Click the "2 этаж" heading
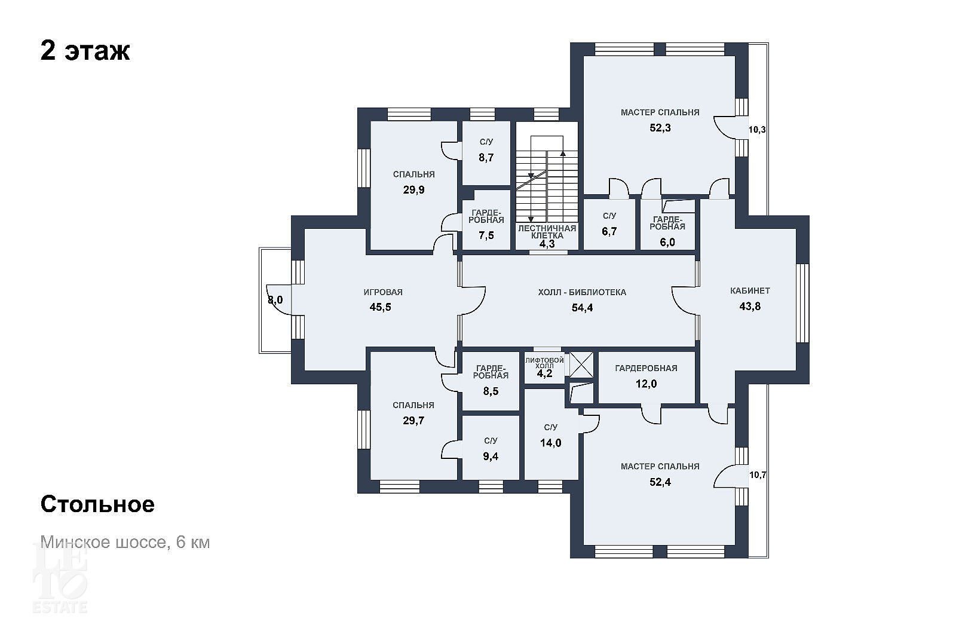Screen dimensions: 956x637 pos(85,51)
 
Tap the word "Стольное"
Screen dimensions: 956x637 pos(97,504)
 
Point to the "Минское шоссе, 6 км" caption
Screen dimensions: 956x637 pos(125,542)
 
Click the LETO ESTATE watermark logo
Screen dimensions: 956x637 pos(60,578)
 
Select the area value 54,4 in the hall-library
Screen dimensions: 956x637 pos(582,308)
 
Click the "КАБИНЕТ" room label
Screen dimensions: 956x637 pos(750,291)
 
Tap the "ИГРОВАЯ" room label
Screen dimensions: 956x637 pos(383,292)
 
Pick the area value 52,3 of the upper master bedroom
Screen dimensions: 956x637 pos(660,128)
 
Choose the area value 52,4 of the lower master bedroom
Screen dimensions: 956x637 pos(660,482)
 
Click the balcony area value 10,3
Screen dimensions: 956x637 pos(757,130)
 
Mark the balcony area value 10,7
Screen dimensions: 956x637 pos(758,474)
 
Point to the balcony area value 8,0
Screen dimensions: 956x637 pos(275,300)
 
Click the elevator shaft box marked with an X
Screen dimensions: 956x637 pos(581,364)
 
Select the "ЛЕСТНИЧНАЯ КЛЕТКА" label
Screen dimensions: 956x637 pos(547,232)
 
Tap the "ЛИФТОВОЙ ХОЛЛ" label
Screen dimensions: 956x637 pos(544,363)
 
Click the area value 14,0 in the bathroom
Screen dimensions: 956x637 pos(550,443)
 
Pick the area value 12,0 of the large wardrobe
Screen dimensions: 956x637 pos(646,384)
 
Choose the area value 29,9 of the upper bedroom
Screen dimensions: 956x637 pos(413,189)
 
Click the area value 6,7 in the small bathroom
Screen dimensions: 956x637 pos(609,231)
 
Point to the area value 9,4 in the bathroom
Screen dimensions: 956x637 pos(491,457)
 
